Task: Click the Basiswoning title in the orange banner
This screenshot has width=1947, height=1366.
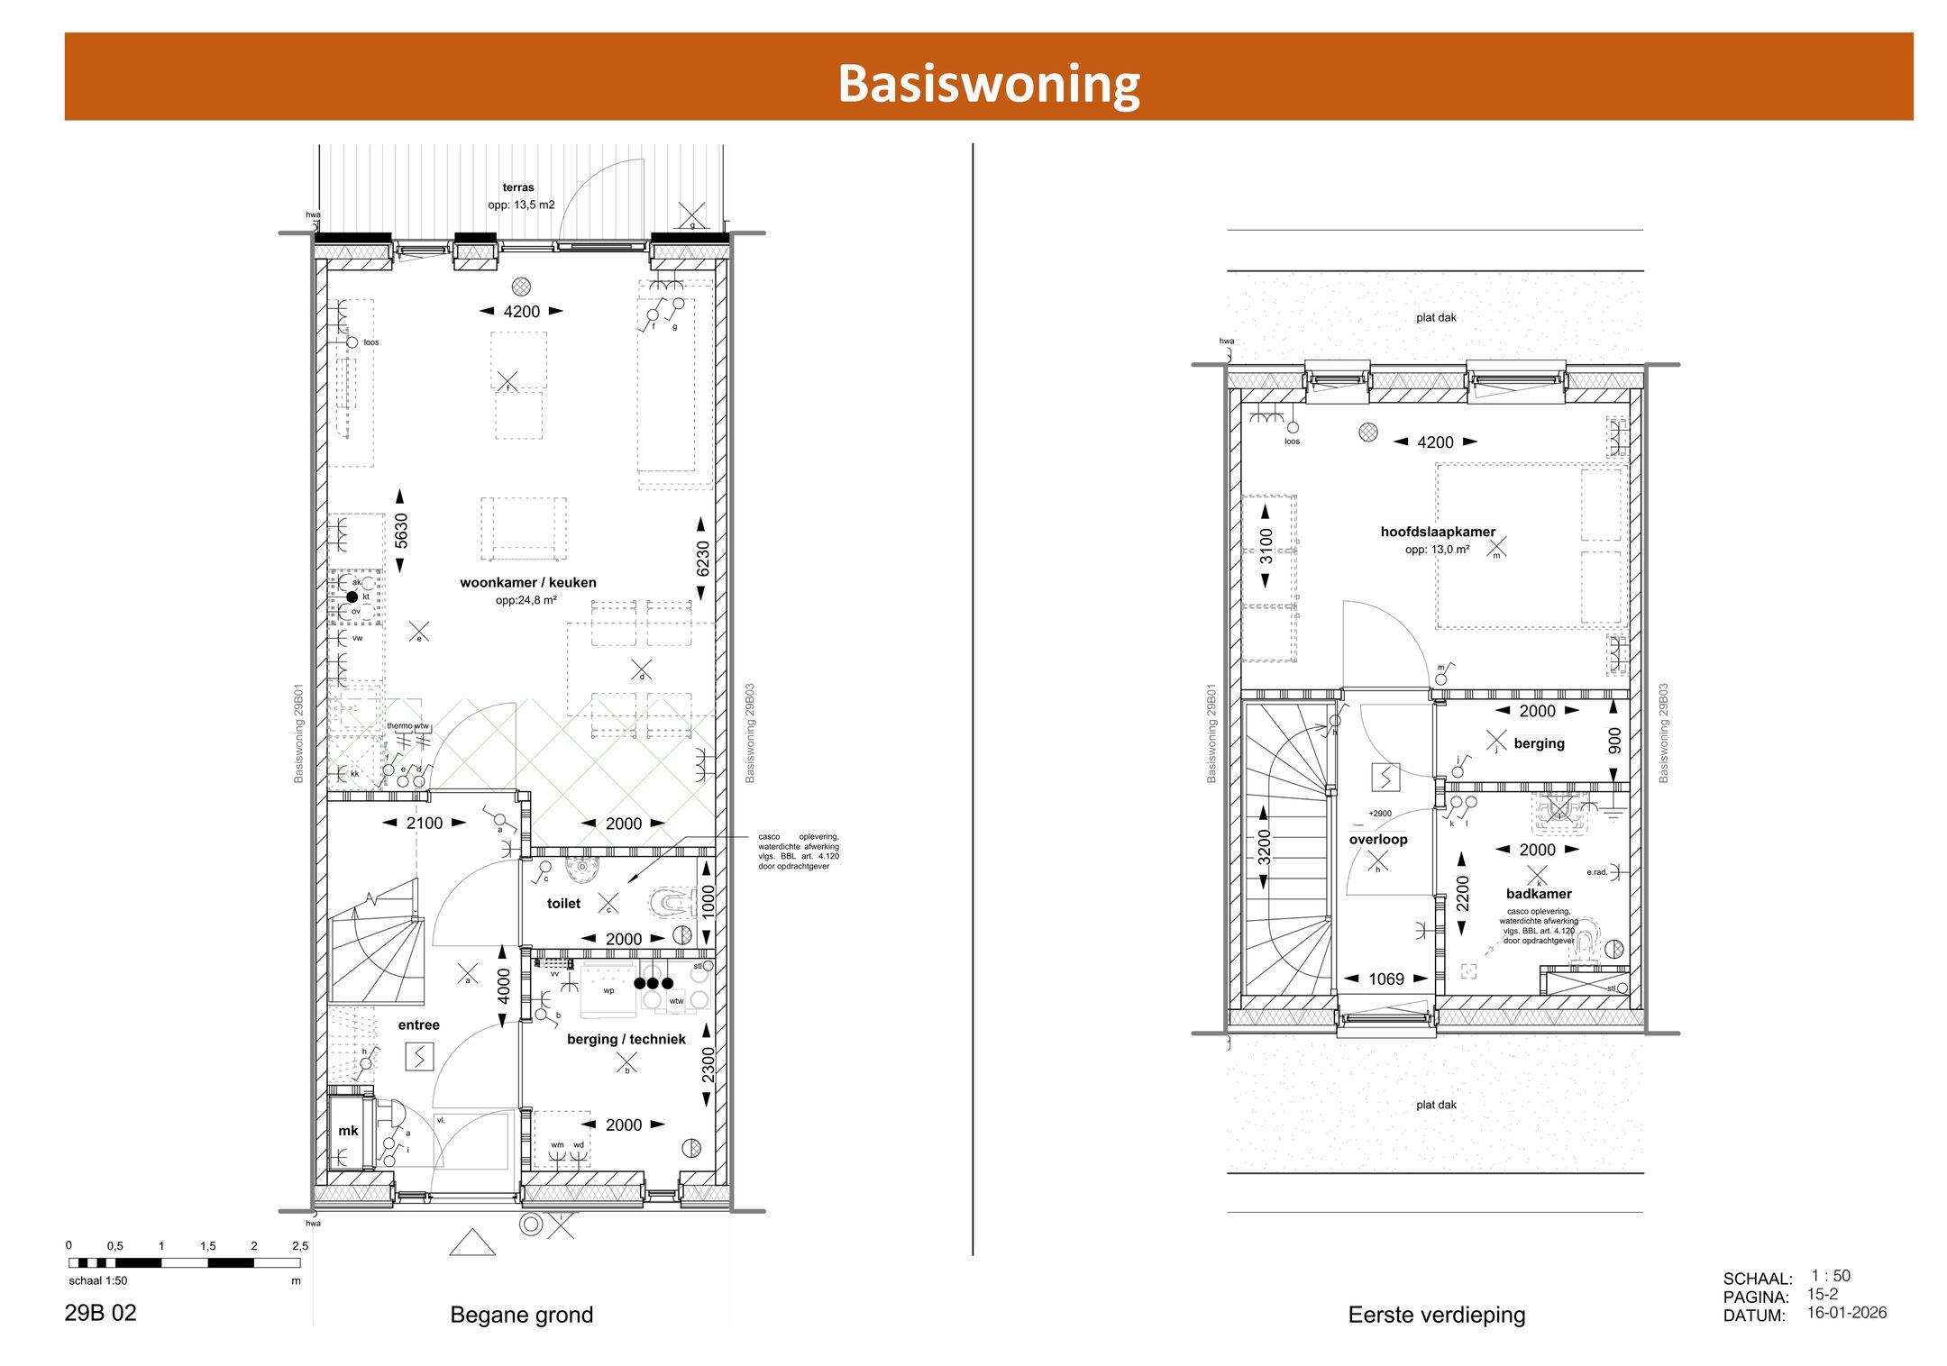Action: [x=989, y=83]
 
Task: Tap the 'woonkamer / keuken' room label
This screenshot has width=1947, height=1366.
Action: [x=527, y=582]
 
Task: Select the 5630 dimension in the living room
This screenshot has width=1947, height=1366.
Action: [x=401, y=531]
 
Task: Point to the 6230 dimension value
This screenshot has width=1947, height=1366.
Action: [x=703, y=559]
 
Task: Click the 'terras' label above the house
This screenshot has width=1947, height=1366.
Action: [x=518, y=187]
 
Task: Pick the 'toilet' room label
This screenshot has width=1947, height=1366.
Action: [x=563, y=903]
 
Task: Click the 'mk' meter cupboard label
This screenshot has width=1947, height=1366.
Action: [x=348, y=1130]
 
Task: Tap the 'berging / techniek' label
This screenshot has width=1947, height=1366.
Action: [x=626, y=1039]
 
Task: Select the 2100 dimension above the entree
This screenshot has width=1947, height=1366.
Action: [x=425, y=823]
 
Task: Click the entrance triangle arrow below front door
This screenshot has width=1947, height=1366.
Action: [x=472, y=1243]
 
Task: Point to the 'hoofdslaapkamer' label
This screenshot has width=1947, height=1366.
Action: [x=1438, y=532]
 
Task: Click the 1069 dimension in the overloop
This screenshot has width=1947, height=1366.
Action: [x=1385, y=979]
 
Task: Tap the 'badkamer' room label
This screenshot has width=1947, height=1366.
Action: [x=1539, y=894]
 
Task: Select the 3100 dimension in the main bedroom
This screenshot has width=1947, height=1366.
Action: [x=1266, y=546]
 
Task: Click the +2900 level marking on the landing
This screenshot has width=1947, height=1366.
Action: [x=1380, y=813]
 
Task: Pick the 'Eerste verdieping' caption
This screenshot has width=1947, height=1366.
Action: [x=1436, y=1315]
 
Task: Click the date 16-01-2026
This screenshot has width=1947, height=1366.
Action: [x=1846, y=1312]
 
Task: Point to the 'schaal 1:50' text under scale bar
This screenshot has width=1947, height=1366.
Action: [x=98, y=1280]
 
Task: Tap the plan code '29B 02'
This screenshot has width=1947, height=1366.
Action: [x=100, y=1313]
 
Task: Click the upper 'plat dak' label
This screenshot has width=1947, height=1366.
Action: [x=1436, y=317]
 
